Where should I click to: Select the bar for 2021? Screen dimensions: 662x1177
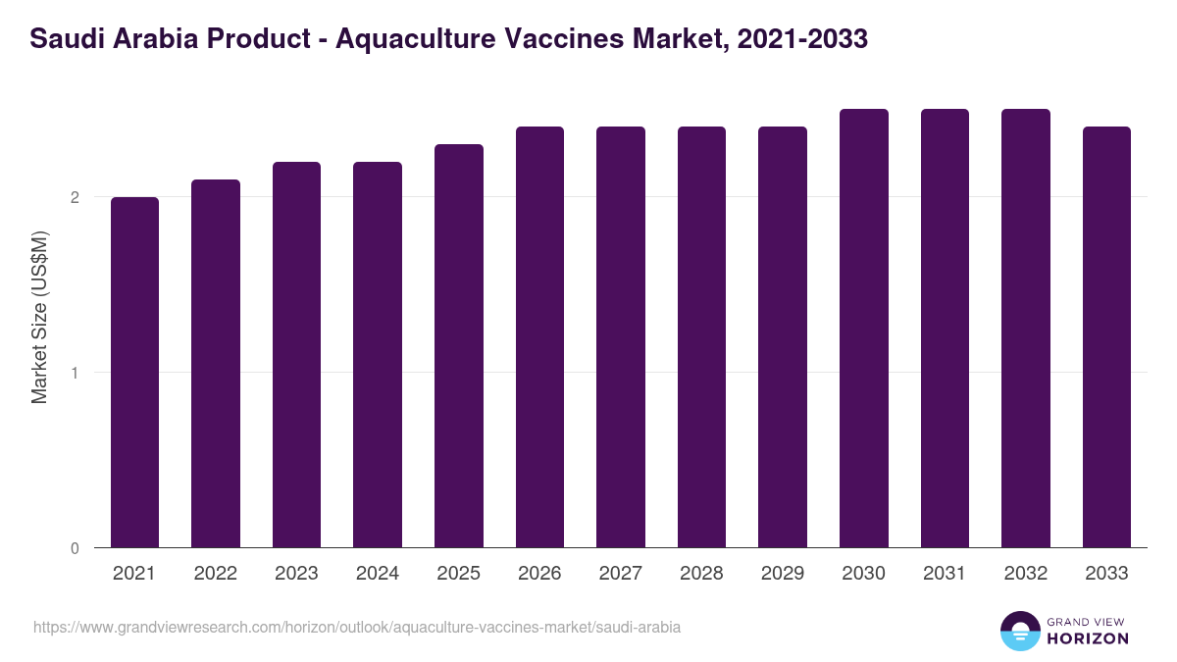coord(134,373)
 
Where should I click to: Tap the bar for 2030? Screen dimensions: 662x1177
coord(863,329)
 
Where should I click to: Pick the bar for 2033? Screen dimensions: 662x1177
coord(1106,337)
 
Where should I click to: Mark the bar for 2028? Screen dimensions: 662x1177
coord(701,337)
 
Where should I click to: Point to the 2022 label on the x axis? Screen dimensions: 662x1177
coord(215,574)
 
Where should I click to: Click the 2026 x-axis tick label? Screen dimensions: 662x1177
coord(539,574)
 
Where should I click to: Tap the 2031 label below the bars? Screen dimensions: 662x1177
coord(945,574)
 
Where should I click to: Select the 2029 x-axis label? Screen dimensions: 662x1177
coord(783,574)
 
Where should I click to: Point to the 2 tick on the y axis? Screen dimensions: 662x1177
coord(75,197)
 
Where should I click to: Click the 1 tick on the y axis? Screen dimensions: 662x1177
coord(75,373)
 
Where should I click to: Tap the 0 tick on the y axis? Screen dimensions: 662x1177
coord(75,548)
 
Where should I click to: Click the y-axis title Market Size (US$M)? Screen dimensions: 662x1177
coord(39,317)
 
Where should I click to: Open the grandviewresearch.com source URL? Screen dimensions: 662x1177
coord(357,627)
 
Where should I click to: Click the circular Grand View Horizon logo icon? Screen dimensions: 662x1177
coord(1019,631)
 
